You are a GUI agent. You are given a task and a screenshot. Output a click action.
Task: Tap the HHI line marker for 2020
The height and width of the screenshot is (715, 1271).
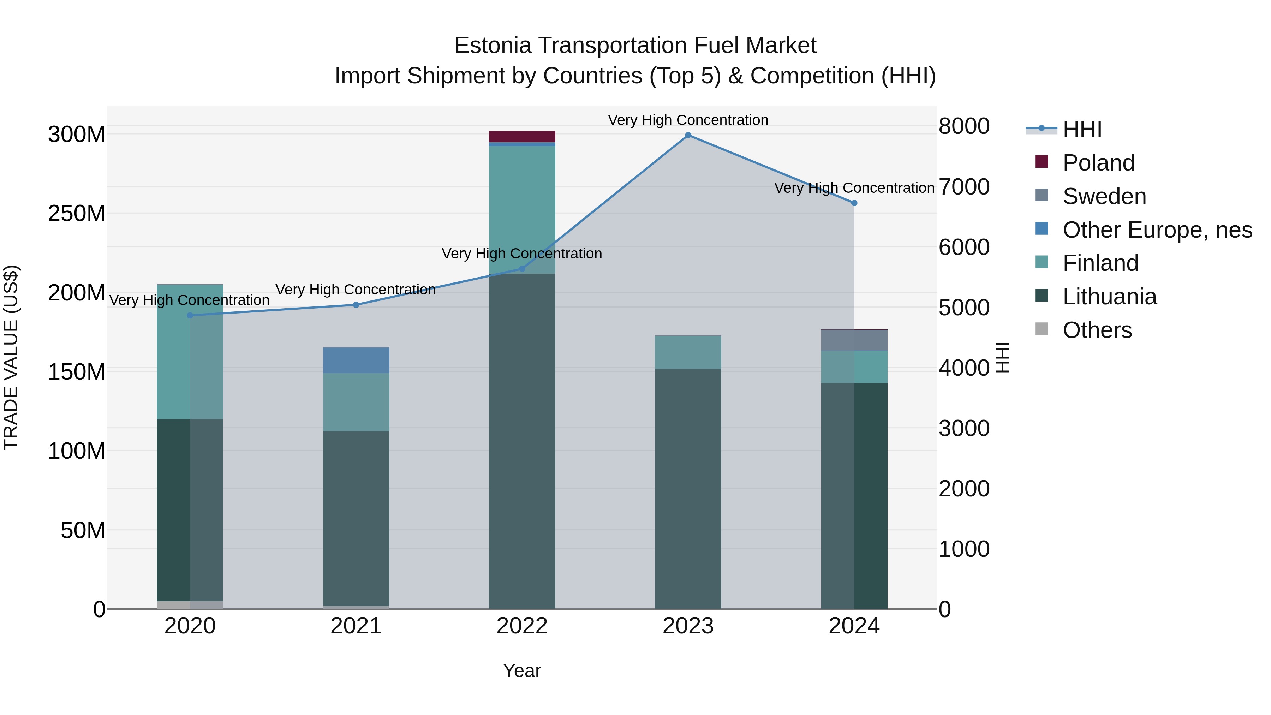pos(190,315)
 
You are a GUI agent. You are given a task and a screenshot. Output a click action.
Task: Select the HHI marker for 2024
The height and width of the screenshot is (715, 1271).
pos(854,203)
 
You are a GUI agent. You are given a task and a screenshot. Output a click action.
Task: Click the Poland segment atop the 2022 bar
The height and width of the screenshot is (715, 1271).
pos(522,137)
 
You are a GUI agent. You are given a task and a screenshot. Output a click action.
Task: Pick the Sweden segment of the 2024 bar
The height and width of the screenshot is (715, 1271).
pos(854,340)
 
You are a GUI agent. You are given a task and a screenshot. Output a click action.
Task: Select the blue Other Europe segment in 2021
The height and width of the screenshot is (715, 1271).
pos(356,360)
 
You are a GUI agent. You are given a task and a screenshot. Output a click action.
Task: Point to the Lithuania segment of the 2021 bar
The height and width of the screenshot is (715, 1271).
pos(356,518)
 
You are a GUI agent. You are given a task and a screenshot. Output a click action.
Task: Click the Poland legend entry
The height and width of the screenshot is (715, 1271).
pos(1098,163)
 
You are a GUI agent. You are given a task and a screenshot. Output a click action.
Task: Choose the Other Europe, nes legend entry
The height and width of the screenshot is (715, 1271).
pos(1157,230)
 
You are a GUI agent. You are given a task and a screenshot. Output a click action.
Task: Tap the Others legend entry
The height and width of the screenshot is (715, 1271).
pos(1097,330)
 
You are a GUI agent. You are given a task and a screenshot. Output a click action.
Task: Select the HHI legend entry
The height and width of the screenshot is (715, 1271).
pos(1082,129)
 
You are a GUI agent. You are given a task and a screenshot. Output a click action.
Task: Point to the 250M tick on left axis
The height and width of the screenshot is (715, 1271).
pos(77,214)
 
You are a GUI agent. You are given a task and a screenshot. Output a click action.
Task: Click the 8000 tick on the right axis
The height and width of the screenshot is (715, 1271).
pos(963,126)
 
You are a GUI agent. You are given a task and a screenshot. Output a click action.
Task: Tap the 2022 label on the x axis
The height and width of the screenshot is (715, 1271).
pos(522,626)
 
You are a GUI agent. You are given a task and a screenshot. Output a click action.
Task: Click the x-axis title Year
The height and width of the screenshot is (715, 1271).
pos(522,671)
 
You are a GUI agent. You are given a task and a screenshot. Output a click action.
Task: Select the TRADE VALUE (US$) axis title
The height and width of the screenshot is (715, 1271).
pos(11,357)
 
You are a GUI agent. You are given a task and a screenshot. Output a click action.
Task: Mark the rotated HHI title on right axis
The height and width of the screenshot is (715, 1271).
pos(1003,357)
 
